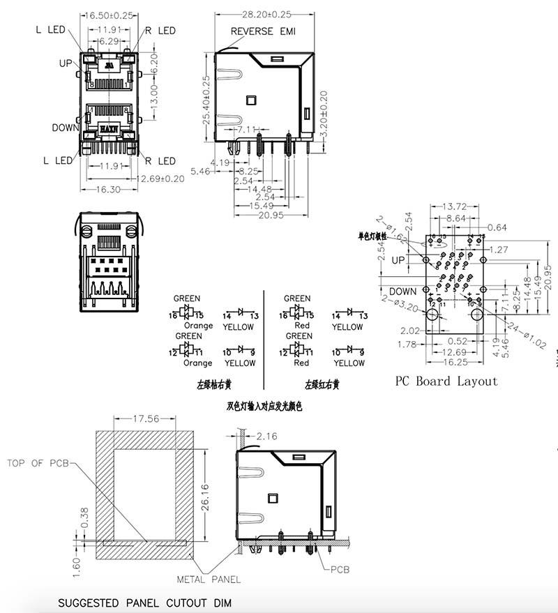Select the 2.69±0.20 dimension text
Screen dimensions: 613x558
tap(161, 179)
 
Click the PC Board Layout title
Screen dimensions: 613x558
tap(446, 381)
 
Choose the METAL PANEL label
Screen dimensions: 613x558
tap(208, 579)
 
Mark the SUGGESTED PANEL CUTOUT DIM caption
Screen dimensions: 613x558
tap(144, 603)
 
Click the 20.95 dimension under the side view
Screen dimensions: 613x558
tap(269, 215)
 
